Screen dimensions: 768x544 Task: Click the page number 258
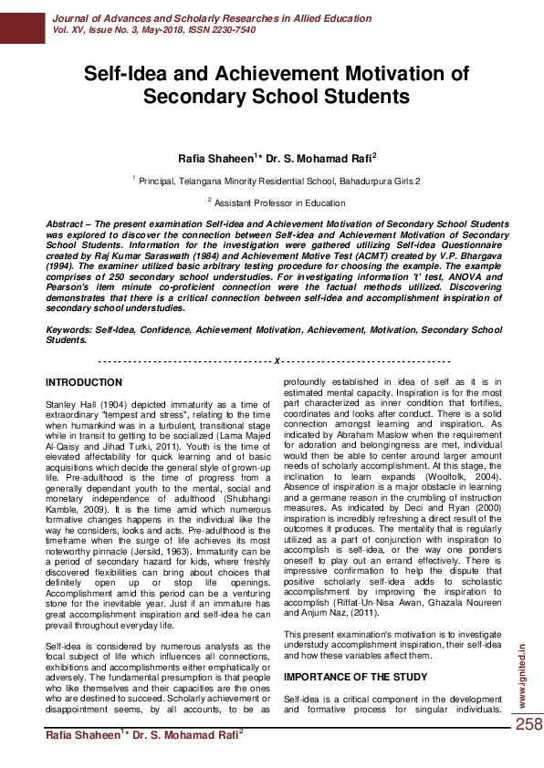[x=528, y=724]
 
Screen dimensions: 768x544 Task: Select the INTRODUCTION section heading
[x=83, y=381]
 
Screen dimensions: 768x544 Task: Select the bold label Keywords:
[x=69, y=330]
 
